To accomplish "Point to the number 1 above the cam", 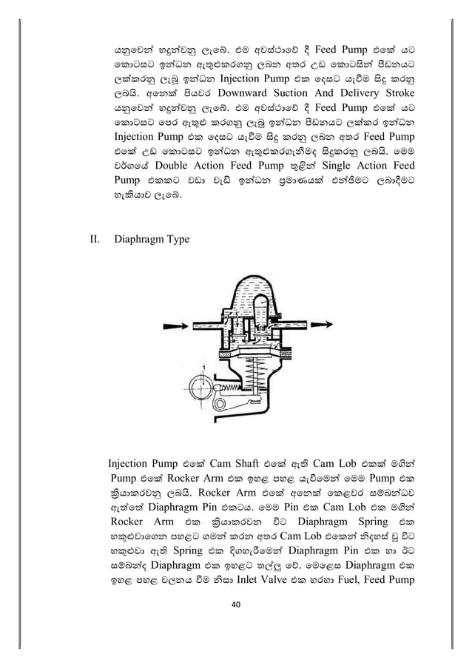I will [x=200, y=367].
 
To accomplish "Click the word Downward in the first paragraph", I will [x=243, y=93].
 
